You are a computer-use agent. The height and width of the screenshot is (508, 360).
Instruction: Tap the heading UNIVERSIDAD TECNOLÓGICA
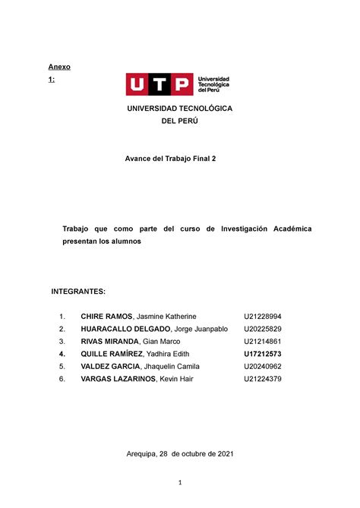(x=180, y=109)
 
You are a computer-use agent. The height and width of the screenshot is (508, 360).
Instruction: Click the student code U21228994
(x=263, y=316)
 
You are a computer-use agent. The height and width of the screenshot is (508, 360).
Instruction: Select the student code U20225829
(x=263, y=329)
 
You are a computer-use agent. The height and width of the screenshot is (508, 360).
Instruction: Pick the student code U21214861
(x=263, y=342)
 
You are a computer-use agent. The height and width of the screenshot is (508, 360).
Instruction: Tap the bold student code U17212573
(x=263, y=354)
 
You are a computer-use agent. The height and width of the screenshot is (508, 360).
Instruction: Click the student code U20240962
(x=263, y=366)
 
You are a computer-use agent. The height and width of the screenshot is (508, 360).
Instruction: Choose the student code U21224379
(x=263, y=379)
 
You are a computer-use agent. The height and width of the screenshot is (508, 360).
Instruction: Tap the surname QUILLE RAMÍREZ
(x=109, y=354)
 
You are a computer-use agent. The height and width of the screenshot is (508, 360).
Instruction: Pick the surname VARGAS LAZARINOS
(x=116, y=379)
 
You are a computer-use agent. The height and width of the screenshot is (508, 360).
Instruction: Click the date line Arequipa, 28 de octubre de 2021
(x=180, y=454)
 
